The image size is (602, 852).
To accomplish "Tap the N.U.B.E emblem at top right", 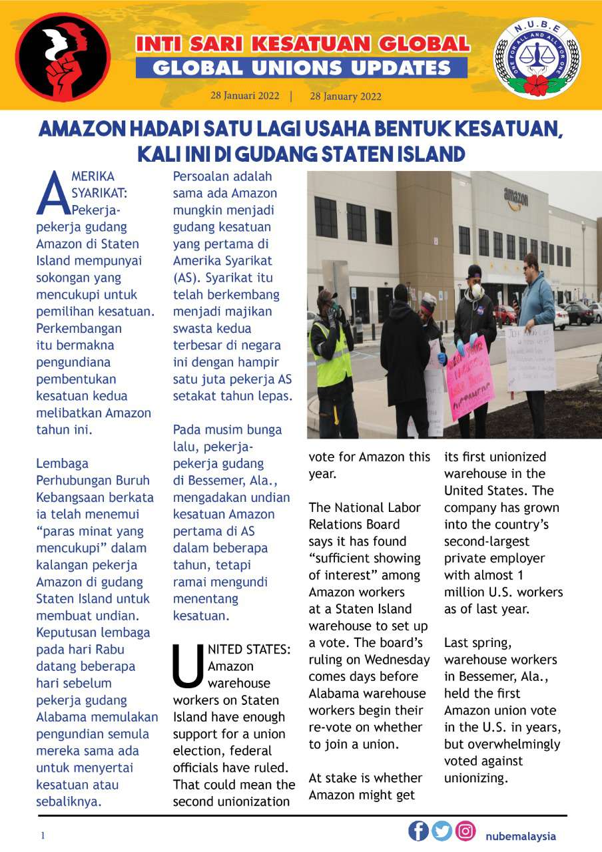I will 536,59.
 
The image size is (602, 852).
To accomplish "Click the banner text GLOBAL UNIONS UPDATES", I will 301,68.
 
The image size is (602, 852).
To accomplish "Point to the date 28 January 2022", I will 346,97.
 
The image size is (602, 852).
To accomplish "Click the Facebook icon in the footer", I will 418,831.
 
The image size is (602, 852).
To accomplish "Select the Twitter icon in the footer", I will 442,831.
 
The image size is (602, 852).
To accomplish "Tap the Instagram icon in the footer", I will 465,831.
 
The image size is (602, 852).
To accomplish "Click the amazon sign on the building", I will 515,197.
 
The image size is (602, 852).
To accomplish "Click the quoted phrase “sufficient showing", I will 364,558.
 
